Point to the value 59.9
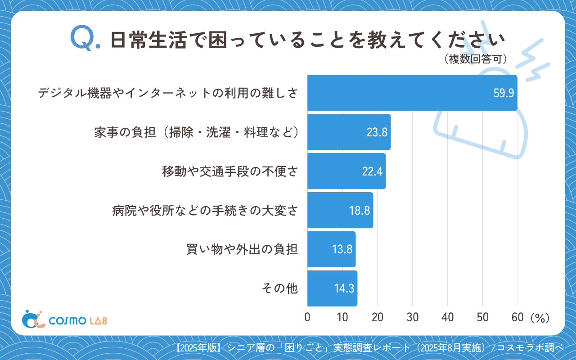pyautogui.click(x=504, y=94)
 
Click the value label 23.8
pyautogui.click(x=377, y=132)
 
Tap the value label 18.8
pyautogui.click(x=359, y=211)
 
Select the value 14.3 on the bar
pyautogui.click(x=343, y=289)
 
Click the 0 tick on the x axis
pyautogui.click(x=307, y=317)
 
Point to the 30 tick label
pyautogui.click(x=413, y=317)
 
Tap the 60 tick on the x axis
pyautogui.click(x=517, y=317)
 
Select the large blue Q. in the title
pyautogui.click(x=85, y=39)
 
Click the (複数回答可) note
pyautogui.click(x=476, y=59)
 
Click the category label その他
pyautogui.click(x=280, y=288)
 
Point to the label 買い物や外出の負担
pyautogui.click(x=242, y=249)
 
